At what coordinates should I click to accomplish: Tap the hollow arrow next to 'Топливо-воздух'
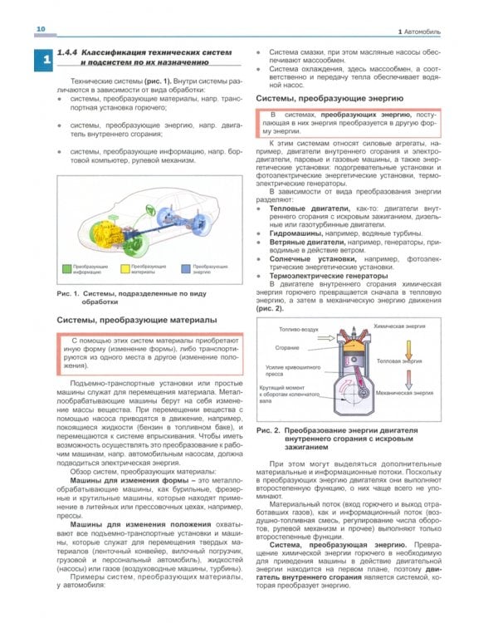coord(325,327)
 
